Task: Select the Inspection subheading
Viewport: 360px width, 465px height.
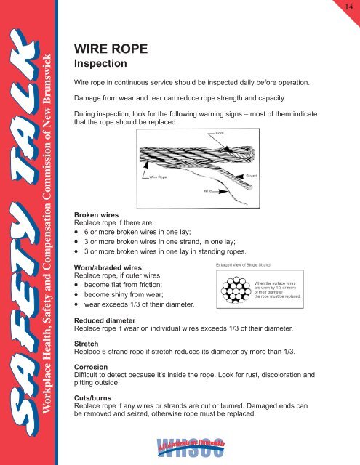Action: click(x=106, y=65)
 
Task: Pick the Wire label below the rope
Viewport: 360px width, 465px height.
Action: click(x=196, y=187)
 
